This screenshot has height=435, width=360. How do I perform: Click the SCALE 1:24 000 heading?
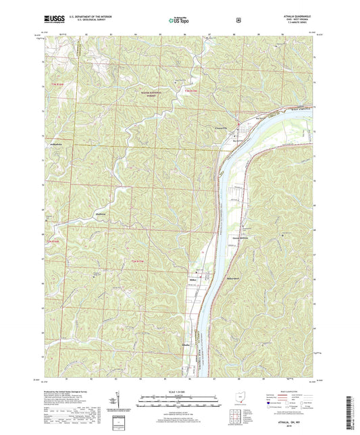pyautogui.click(x=180, y=391)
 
